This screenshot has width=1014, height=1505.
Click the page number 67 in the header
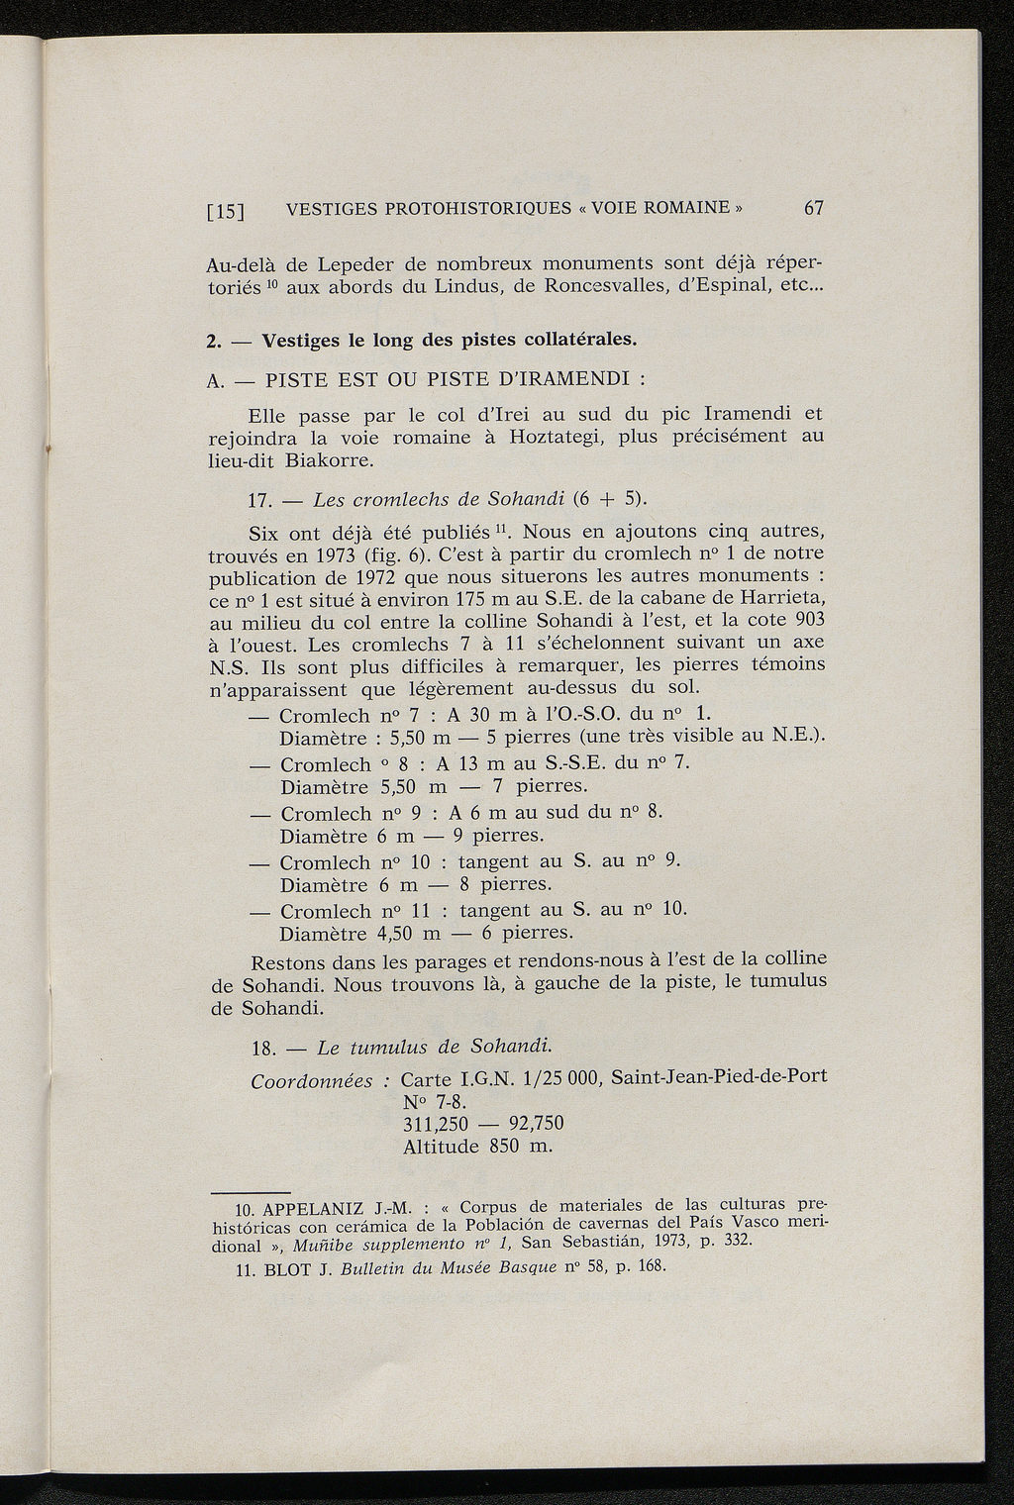click(x=814, y=208)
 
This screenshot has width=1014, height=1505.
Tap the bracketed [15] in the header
click(x=227, y=211)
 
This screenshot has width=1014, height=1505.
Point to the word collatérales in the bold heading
click(x=565, y=340)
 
